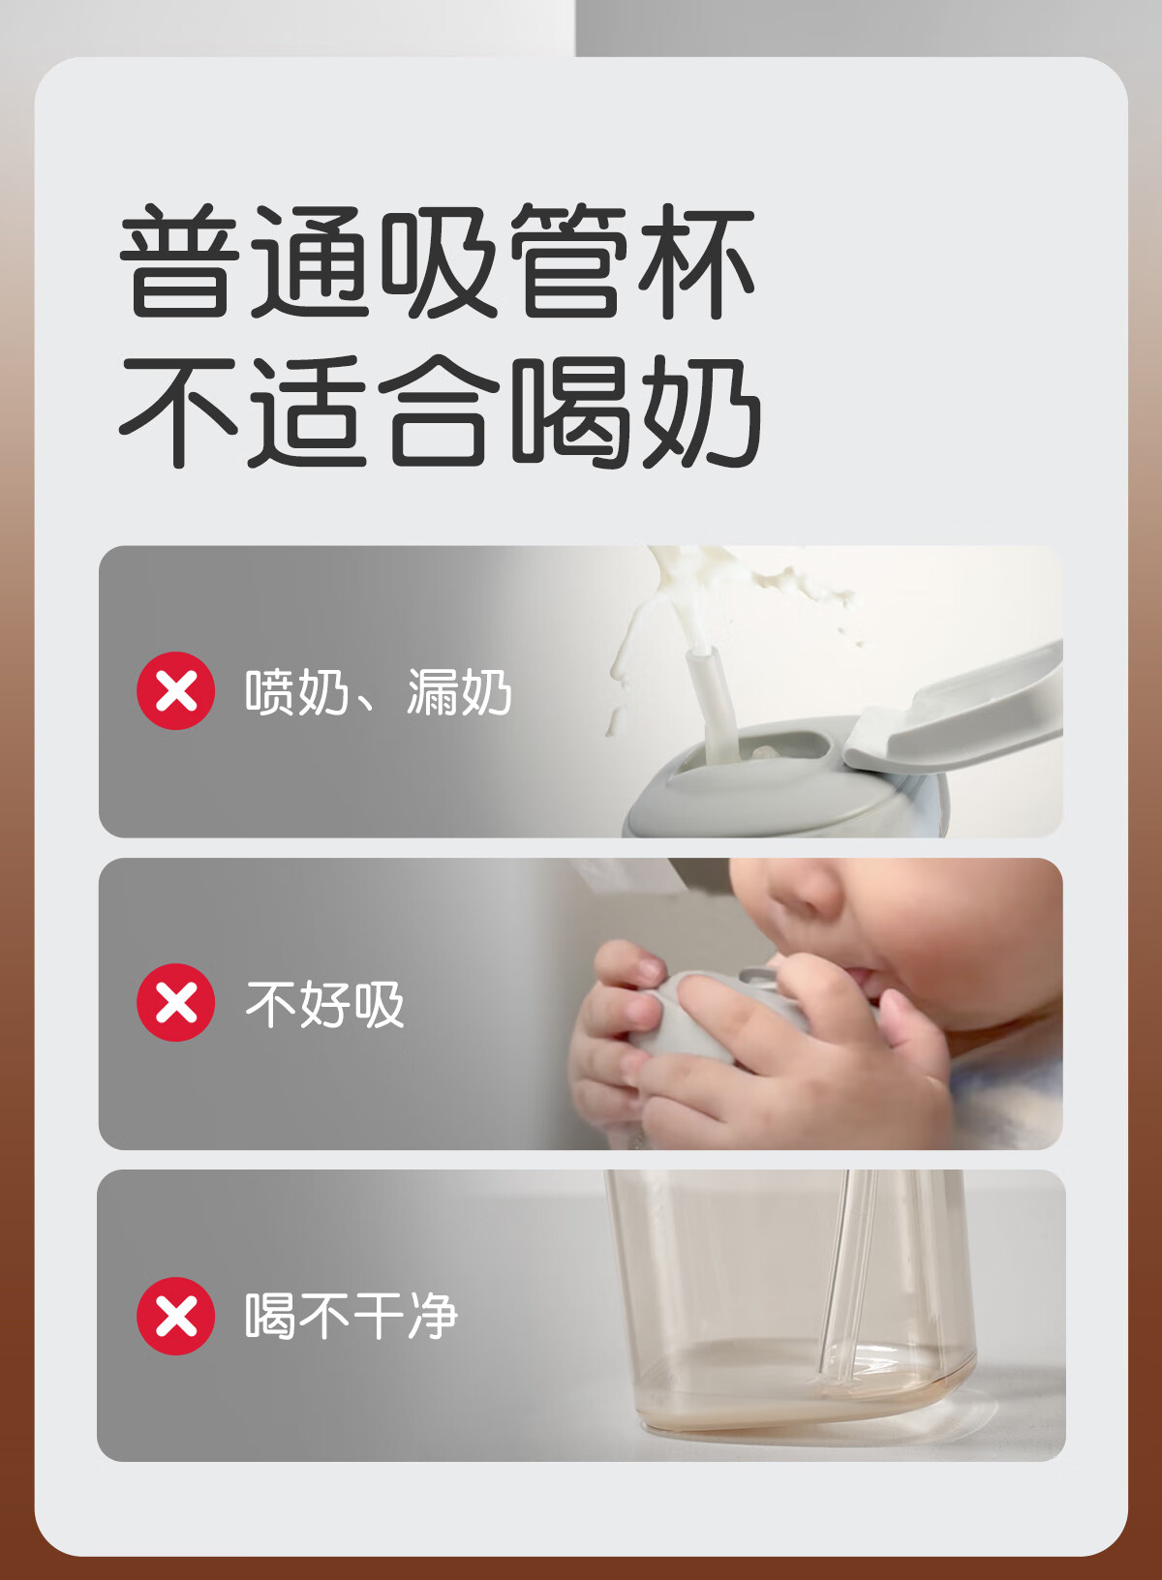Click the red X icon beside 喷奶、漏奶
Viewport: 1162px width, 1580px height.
[x=175, y=690]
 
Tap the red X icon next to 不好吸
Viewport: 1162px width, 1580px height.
[x=175, y=1002]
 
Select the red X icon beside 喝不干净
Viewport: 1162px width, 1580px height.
[x=175, y=1317]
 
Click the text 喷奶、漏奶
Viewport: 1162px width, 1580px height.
[x=379, y=692]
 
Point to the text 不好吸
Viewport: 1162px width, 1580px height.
[x=324, y=1004]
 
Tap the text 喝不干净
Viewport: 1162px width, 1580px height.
[x=352, y=1317]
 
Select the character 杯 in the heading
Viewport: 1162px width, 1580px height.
[x=695, y=261]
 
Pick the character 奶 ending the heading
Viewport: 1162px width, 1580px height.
[x=701, y=411]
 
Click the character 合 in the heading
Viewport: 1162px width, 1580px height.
[x=439, y=410]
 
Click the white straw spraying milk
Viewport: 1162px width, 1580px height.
[x=713, y=706]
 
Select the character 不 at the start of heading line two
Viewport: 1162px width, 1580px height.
[x=178, y=411]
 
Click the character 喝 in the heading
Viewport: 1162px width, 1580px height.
[x=570, y=411]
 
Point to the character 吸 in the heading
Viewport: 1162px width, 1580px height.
[x=439, y=261]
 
